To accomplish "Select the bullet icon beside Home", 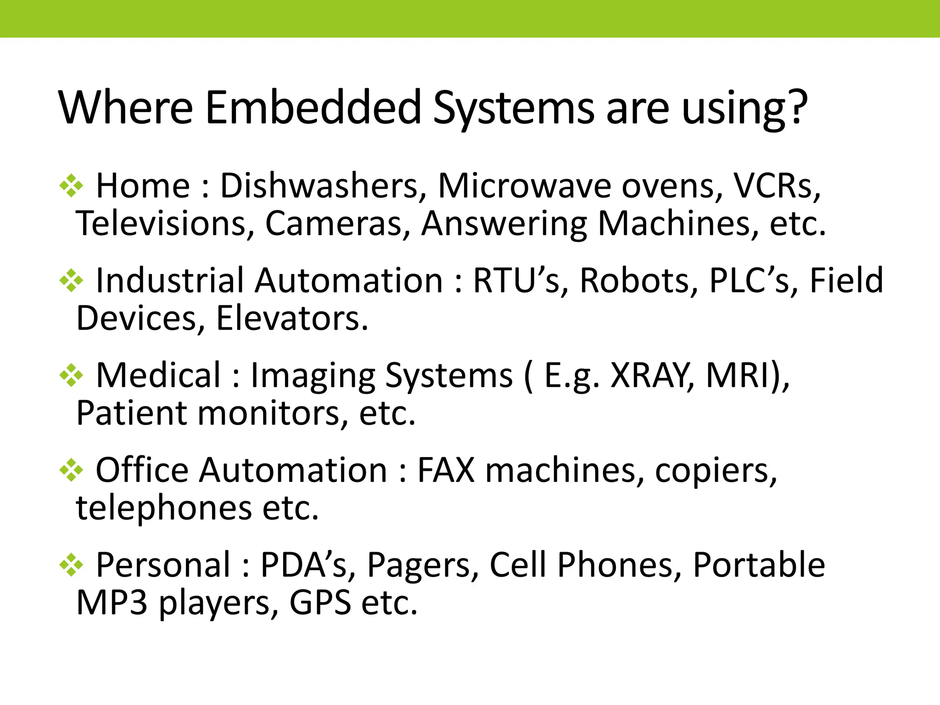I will pyautogui.click(x=71, y=186).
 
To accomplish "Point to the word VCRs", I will pyautogui.click(x=776, y=186).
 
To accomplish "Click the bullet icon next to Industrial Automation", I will pyautogui.click(x=71, y=280).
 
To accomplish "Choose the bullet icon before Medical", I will pyautogui.click(x=71, y=375).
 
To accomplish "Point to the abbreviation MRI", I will pyautogui.click(x=739, y=375).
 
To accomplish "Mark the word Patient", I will pyautogui.click(x=131, y=413).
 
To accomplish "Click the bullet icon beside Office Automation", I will pyautogui.click(x=71, y=470).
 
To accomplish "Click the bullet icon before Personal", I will pyautogui.click(x=71, y=565).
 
